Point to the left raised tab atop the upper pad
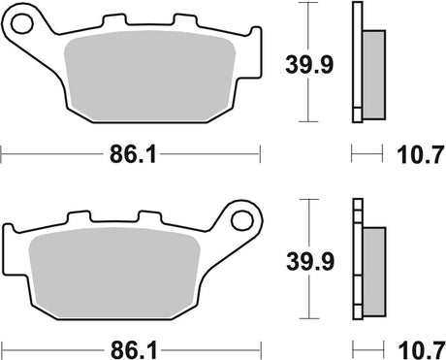[x=116, y=22]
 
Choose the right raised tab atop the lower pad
[x=149, y=216]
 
